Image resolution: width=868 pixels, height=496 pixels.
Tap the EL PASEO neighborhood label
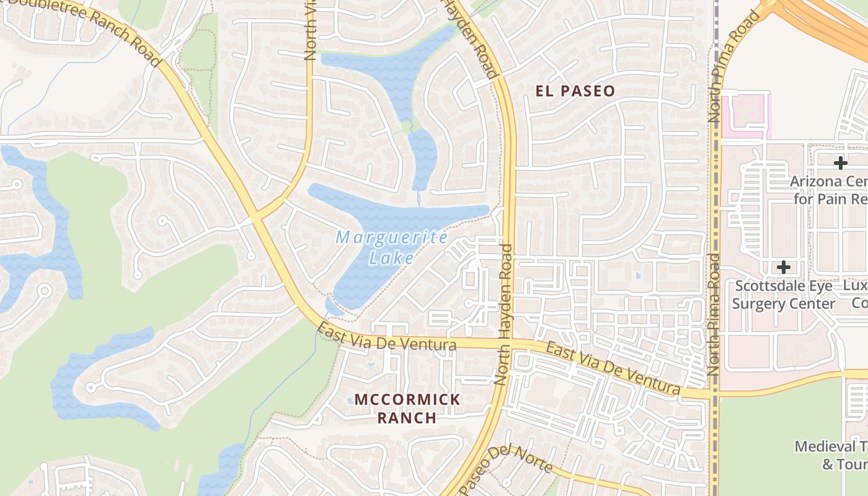point(575,91)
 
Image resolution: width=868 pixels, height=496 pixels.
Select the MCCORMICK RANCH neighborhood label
point(407,408)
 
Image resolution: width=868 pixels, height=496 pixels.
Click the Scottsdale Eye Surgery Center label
point(784,294)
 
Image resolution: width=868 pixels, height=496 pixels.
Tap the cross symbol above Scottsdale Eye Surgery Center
point(784,267)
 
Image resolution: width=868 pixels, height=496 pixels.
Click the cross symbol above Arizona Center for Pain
point(840,163)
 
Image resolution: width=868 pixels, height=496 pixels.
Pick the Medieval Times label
point(831,455)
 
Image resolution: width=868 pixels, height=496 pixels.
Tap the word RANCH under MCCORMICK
point(407,417)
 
